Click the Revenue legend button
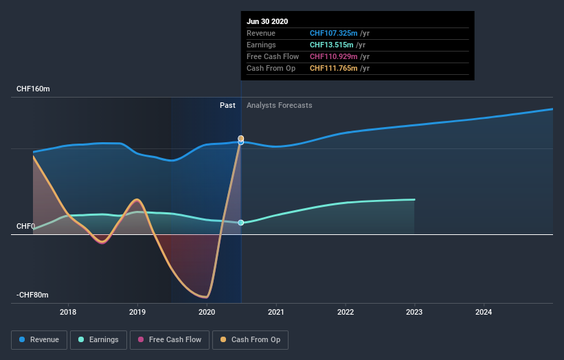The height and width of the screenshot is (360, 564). click(40, 339)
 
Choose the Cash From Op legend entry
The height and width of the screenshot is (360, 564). click(251, 339)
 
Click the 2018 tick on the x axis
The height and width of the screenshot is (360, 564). click(68, 311)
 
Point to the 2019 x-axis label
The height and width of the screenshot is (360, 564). click(137, 311)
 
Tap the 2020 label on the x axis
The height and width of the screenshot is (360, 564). click(207, 311)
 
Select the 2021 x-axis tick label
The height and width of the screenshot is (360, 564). click(276, 311)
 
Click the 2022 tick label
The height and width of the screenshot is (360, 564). click(346, 311)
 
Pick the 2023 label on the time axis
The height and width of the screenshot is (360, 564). click(415, 311)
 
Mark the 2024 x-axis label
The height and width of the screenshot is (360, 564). click(484, 311)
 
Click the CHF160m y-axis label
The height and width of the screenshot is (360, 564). click(33, 89)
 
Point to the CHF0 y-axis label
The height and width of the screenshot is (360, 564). click(25, 226)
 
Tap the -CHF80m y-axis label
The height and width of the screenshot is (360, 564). click(32, 295)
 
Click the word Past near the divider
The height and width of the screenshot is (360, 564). click(227, 105)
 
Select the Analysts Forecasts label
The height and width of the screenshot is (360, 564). click(279, 105)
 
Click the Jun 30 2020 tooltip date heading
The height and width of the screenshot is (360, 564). click(267, 21)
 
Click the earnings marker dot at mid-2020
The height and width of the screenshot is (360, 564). click(241, 223)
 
